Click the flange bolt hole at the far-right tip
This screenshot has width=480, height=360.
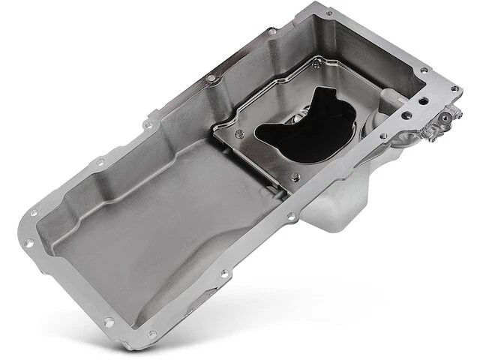pyautogui.click(x=454, y=89)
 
